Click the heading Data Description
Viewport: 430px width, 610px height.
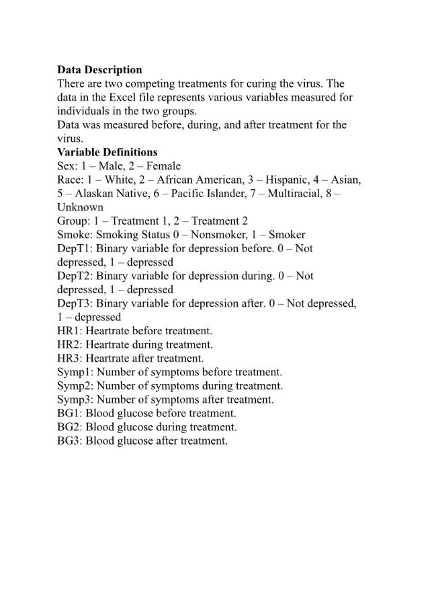click(x=99, y=70)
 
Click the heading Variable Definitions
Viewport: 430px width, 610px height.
click(x=107, y=152)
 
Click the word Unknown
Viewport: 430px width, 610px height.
click(x=80, y=207)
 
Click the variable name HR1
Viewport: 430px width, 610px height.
click(x=67, y=331)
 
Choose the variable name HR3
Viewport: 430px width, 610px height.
click(x=67, y=358)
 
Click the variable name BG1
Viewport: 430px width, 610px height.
click(x=67, y=413)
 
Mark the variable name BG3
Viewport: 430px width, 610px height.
click(x=67, y=441)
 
